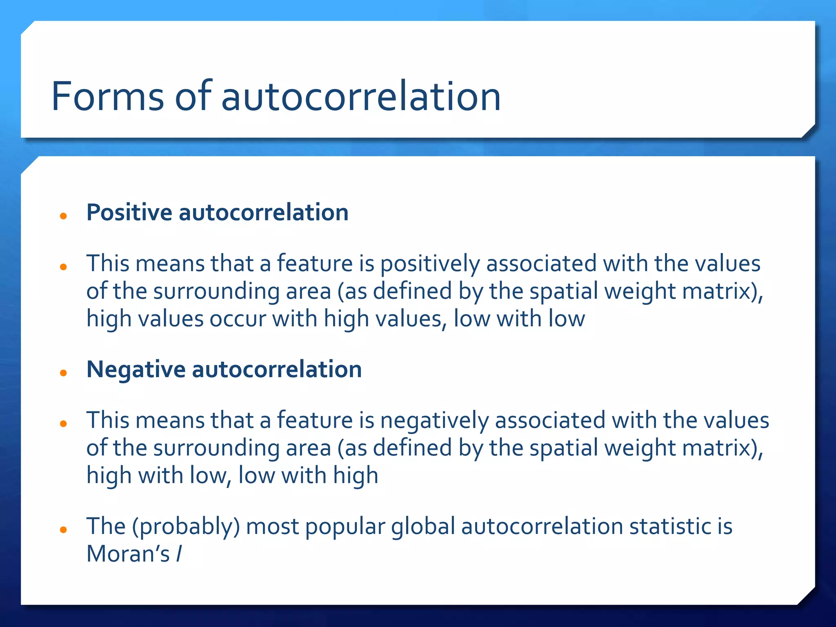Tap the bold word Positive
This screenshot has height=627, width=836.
coord(129,213)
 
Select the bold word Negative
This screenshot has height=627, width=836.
coord(136,369)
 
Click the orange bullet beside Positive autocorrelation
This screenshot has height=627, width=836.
coord(63,216)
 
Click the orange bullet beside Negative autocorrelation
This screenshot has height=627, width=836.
coord(63,373)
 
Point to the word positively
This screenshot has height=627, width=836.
coord(430,264)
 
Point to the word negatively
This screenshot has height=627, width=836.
coord(434,420)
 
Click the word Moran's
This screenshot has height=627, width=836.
coord(128,554)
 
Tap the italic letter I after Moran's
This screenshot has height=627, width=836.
coord(179,554)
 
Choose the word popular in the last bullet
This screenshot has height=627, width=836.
coord(345,527)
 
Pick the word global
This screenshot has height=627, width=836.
coord(423,527)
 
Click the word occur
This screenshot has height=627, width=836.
coord(238,319)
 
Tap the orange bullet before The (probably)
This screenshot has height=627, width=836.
coord(63,530)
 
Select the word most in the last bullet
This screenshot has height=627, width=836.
coord(272,527)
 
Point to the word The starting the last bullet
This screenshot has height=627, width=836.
coord(106,527)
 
